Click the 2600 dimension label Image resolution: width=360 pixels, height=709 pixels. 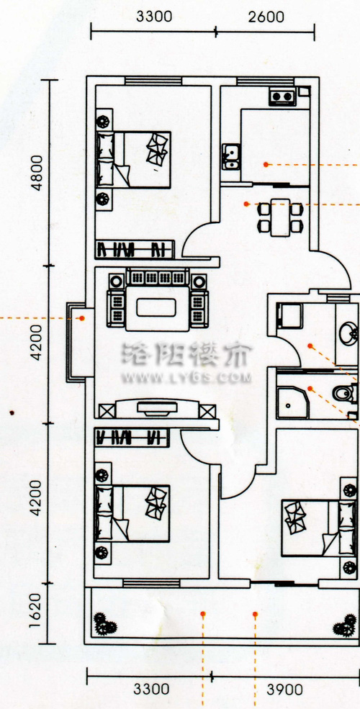pos(266,17)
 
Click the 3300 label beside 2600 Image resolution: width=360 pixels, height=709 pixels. pos(154,17)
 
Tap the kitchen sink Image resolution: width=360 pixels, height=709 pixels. pos(231,156)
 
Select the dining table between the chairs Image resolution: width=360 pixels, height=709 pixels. pos(280,217)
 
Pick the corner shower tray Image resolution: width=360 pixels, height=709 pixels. pos(292,402)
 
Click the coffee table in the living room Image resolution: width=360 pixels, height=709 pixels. pos(156,308)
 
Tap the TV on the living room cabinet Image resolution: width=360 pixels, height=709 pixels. pos(156,409)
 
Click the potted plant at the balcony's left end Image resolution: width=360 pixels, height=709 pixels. pos(105,625)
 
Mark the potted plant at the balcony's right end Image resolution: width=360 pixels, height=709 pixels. pos(345,625)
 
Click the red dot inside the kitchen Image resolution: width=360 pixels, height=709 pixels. pos(266,165)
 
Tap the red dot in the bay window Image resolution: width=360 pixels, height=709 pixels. pos(82,318)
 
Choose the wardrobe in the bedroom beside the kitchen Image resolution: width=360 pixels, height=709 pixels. pos(135,249)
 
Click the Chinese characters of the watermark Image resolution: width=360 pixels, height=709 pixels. pos(186,354)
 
